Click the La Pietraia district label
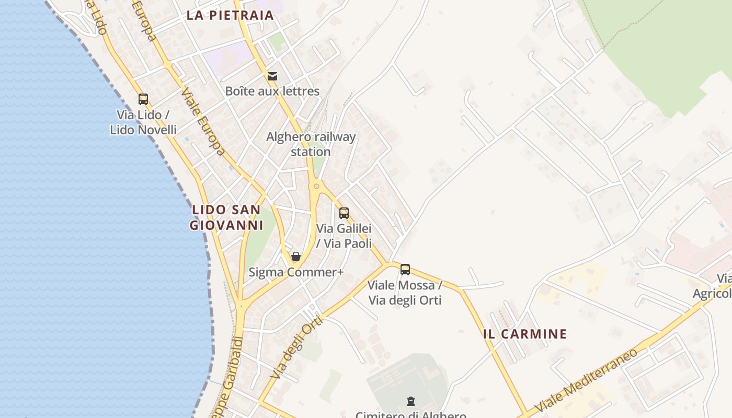click(230, 15)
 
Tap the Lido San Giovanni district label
click(226, 217)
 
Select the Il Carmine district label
click(525, 334)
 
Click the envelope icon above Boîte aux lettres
click(272, 76)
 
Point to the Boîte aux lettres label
click(272, 91)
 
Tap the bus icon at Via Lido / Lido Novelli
click(143, 99)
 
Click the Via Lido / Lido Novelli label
click(143, 122)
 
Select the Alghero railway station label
click(311, 144)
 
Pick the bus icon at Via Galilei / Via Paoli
click(344, 213)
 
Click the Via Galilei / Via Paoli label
click(344, 236)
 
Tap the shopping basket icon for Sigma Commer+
click(296, 257)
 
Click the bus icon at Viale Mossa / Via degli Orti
click(405, 270)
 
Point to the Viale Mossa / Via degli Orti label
click(405, 293)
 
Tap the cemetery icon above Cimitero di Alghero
click(411, 401)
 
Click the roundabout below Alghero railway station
click(316, 185)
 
